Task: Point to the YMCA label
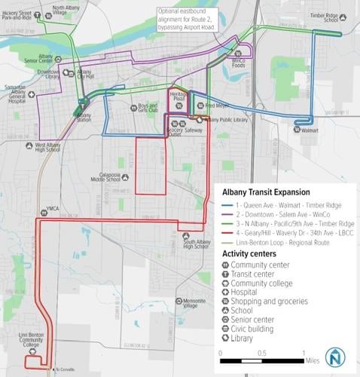click(51, 209)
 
